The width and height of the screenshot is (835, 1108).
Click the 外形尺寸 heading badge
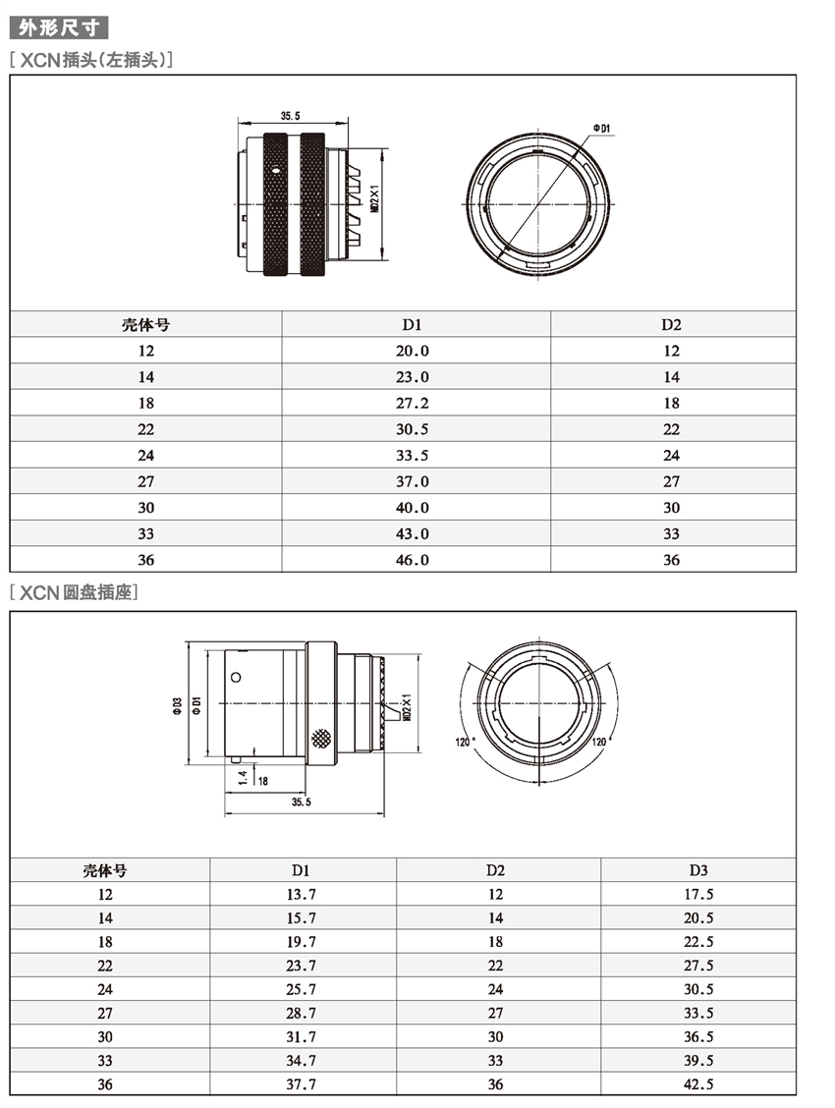coord(64,27)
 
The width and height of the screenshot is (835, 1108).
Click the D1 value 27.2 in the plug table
coord(416,403)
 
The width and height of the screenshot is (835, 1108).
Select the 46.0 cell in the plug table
coord(416,560)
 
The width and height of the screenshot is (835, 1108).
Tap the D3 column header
coord(698,870)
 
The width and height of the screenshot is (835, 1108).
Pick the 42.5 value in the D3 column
coord(698,1084)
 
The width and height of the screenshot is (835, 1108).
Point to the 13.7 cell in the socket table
coord(303,894)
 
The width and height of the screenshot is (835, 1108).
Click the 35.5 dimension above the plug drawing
coord(290,116)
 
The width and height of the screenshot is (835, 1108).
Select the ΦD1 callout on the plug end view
coord(602,128)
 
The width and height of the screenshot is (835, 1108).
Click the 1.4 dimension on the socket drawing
coord(243,777)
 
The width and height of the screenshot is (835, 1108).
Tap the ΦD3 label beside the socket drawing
coord(177,705)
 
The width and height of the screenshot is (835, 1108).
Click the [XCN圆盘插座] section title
coord(74,592)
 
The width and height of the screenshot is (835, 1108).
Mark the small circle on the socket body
coord(235,678)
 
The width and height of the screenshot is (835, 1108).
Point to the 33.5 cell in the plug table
coord(416,455)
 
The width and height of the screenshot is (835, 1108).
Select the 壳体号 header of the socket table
coord(105,870)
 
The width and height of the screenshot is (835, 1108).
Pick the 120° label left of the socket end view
coord(466,742)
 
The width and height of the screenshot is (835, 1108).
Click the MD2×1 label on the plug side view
coord(374,196)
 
